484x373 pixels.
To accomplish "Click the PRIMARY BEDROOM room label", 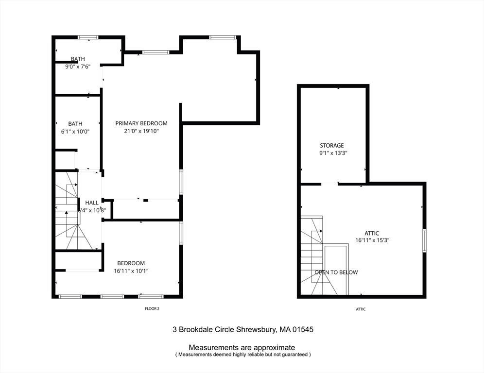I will [141, 123].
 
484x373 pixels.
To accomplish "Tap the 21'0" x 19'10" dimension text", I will [141, 131].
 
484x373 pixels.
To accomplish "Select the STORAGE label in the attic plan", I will [331, 145].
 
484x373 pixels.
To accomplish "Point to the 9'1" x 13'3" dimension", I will [333, 153].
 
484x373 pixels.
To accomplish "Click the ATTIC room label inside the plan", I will [372, 233].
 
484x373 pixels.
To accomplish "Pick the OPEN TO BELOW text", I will [336, 272].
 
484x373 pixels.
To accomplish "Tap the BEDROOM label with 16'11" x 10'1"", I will [131, 263].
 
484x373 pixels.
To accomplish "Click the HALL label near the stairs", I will [92, 203].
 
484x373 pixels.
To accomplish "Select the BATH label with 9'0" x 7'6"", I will [78, 59].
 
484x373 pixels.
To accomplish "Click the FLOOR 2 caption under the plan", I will [152, 309].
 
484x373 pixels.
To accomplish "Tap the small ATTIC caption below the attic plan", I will [360, 309].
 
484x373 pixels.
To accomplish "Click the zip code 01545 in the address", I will [302, 329].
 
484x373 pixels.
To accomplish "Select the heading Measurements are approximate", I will [242, 347].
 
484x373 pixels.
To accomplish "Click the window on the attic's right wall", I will [424, 241].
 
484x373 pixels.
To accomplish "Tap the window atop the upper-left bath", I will [88, 37].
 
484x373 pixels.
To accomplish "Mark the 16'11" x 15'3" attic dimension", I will [372, 240].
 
